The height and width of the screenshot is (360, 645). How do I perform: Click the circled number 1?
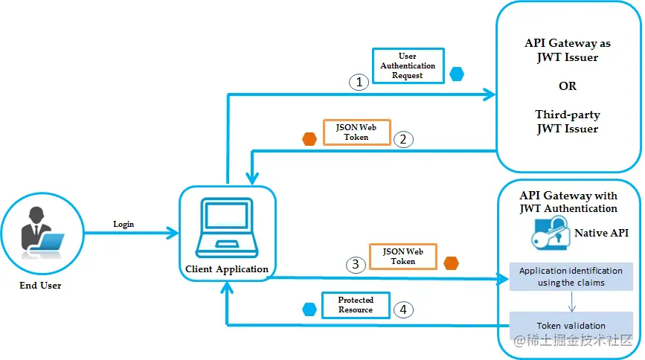[x=359, y=82]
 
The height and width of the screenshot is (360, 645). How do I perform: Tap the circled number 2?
[x=403, y=138]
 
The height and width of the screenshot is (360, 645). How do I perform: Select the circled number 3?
[x=357, y=263]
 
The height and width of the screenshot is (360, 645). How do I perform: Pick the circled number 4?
[x=403, y=309]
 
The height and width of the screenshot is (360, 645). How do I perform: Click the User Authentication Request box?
[x=408, y=65]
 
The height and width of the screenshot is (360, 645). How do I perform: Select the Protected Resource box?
[x=355, y=305]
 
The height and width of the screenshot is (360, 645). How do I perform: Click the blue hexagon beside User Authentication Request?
[x=456, y=74]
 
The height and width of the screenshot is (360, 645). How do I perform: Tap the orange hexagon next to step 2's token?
[x=309, y=139]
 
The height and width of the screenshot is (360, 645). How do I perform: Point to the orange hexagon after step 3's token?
[x=451, y=263]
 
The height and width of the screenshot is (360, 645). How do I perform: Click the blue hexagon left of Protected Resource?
[x=309, y=309]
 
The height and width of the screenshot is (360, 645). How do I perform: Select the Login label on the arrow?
[x=123, y=224]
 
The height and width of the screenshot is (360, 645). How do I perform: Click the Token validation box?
[x=571, y=326]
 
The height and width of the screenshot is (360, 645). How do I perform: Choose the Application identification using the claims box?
[x=571, y=277]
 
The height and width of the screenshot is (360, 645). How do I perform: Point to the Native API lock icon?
[x=548, y=235]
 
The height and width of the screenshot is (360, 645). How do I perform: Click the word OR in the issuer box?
[x=568, y=86]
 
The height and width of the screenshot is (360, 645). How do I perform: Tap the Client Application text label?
[x=227, y=269]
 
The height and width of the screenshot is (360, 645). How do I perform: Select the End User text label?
[x=40, y=285]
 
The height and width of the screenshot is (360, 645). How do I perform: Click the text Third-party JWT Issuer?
[x=568, y=122]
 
